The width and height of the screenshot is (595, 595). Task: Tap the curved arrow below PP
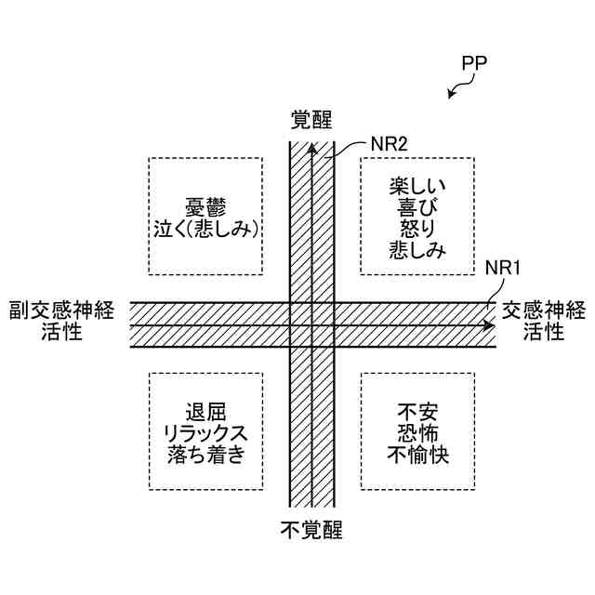457,88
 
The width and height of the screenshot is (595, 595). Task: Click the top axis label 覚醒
311,119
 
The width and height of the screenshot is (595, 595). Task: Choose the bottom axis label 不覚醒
311,530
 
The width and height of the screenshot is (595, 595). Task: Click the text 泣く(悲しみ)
205,229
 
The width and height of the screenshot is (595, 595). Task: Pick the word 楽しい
416,185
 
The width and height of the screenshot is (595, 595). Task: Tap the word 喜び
416,206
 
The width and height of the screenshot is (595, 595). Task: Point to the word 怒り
416,228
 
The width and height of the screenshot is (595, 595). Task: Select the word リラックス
205,433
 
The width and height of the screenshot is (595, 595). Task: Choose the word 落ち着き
205,455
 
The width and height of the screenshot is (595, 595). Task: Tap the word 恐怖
416,433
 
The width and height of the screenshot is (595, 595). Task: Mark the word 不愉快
416,455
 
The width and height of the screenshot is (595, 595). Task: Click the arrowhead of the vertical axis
311,146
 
